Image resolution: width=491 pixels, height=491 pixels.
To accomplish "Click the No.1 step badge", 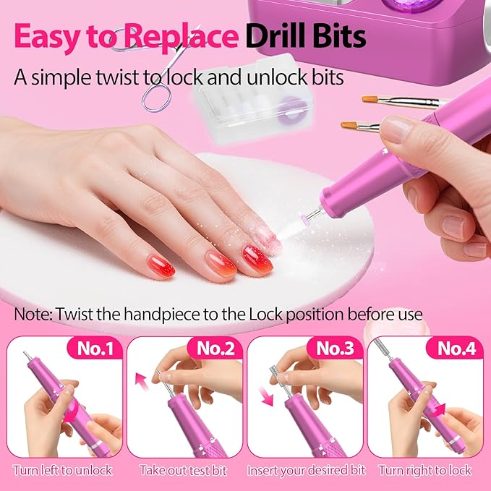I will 95,349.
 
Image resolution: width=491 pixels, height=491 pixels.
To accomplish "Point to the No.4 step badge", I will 456,349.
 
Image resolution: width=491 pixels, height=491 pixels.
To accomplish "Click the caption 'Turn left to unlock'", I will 62,470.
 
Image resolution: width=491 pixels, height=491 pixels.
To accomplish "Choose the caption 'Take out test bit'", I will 183,470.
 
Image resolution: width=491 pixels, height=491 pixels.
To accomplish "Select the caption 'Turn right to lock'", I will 424,470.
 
